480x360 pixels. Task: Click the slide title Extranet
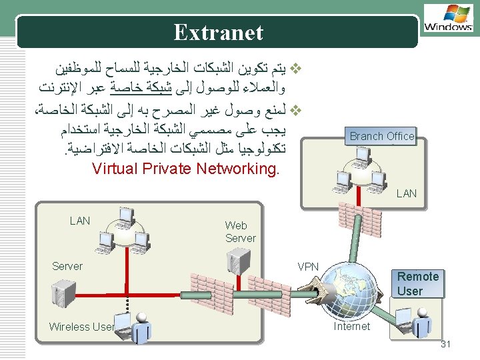pos(218,32)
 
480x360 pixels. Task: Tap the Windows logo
pos(448,18)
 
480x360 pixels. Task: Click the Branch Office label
pos(382,136)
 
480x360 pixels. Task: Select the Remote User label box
pos(417,283)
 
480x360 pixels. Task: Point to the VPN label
pos(308,267)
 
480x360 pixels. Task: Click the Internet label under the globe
pos(351,326)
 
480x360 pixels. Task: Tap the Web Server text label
pos(240,232)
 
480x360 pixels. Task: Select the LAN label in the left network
pos(80,221)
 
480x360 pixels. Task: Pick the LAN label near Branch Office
pos(406,193)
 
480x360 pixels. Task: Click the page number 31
pos(446,344)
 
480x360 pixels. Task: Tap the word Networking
pos(238,168)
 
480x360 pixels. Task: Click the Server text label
pos(67,266)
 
